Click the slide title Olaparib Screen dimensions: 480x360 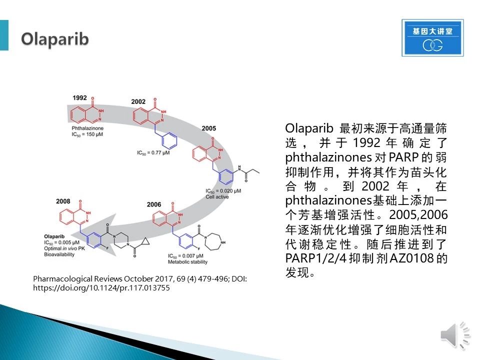click(55, 39)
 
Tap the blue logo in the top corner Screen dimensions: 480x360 click(432, 38)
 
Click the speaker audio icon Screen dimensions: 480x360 click(455, 336)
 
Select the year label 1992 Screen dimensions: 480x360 click(79, 97)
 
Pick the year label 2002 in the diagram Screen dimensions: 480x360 click(138, 101)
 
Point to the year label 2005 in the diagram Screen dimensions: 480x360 click(209, 128)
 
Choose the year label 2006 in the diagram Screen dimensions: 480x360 click(153, 204)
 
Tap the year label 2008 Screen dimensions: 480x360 click(63, 201)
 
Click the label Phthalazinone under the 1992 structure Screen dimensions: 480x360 click(87, 128)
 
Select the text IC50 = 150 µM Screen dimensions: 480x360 click(87, 134)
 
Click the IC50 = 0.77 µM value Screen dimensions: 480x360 click(153, 152)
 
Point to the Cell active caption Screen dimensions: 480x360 click(217, 197)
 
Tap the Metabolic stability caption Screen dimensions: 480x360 click(187, 261)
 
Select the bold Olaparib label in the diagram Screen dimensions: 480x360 click(54, 236)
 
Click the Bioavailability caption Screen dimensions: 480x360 click(59, 254)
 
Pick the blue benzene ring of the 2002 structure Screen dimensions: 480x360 click(169, 141)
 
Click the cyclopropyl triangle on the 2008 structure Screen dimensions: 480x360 click(145, 241)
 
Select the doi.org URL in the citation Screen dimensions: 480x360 click(101, 288)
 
